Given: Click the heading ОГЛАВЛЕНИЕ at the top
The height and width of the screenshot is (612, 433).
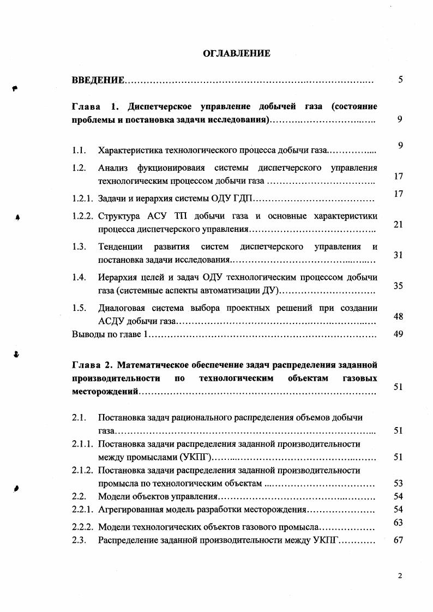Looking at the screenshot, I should tap(236, 53).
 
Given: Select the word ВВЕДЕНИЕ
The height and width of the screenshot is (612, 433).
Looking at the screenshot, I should tap(98, 81).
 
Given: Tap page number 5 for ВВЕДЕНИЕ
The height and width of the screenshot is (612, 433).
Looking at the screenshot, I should tap(400, 80).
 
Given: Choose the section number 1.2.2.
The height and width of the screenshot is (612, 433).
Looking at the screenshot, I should tap(83, 216).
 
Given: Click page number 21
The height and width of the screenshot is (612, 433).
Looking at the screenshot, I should tap(398, 224).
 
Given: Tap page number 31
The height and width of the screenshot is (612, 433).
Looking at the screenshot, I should tap(398, 255).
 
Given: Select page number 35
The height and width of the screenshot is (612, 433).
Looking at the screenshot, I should tap(398, 285).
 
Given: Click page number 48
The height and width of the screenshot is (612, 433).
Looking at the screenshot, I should tap(398, 316).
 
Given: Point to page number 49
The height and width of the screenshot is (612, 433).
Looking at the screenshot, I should tap(398, 334).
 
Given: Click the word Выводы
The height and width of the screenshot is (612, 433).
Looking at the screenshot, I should tap(87, 334).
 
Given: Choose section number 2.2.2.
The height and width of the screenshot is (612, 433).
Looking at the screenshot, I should tap(83, 527).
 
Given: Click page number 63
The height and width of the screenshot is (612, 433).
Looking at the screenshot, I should tap(398, 523).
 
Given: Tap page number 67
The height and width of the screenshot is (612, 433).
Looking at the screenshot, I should tap(398, 541).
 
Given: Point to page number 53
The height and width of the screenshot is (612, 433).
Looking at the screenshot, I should tap(398, 483).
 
